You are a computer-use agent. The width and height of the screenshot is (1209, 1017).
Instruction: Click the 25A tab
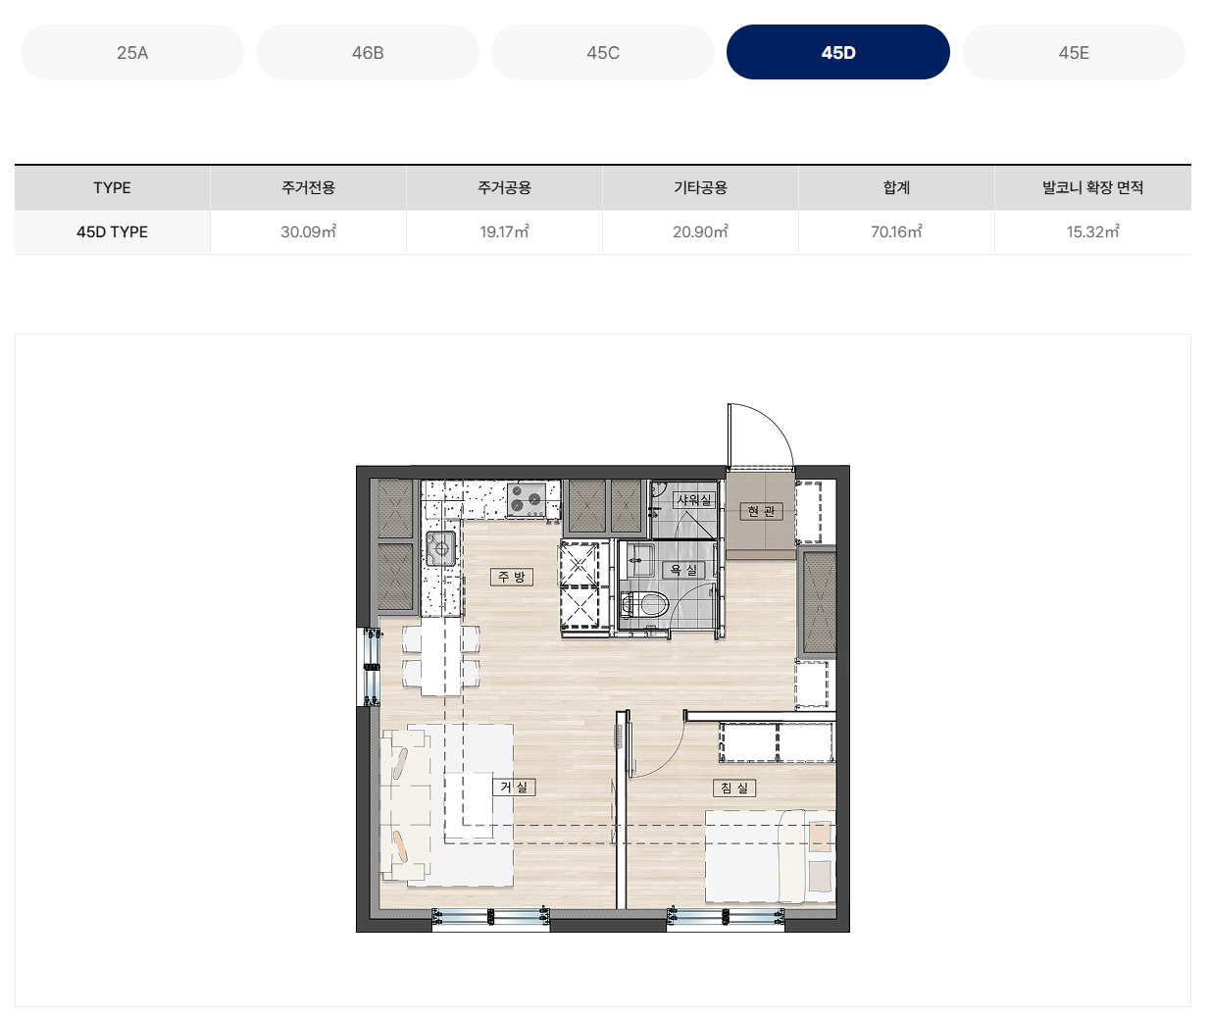tap(132, 52)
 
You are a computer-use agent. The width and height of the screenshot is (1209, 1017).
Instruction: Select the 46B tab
tap(368, 52)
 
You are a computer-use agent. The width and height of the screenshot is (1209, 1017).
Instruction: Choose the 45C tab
tap(603, 52)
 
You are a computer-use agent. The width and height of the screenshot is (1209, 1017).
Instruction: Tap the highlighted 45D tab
tap(837, 52)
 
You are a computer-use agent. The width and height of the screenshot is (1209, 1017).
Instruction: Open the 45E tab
tap(1074, 52)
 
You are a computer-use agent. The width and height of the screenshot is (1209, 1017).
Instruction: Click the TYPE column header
tap(113, 187)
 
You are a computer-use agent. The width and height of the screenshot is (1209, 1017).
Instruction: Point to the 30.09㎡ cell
tap(308, 231)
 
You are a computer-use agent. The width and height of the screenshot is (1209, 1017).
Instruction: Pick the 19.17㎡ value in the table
tap(504, 231)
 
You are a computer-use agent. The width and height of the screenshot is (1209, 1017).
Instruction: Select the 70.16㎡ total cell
tap(896, 231)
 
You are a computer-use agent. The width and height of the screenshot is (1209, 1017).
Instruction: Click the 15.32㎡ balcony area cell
tap(1092, 231)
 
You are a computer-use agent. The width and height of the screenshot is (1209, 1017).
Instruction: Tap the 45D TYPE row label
tap(113, 231)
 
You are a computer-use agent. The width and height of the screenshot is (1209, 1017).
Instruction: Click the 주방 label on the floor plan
tap(511, 577)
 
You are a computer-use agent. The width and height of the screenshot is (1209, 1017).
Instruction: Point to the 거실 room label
tap(514, 787)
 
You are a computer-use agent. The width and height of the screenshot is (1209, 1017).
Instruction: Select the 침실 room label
tap(734, 788)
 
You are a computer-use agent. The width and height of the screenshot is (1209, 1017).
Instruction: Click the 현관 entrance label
tap(762, 511)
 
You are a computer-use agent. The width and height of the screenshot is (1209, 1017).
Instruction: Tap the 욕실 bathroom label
tap(683, 570)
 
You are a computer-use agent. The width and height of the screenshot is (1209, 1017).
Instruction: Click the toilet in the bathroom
tap(644, 606)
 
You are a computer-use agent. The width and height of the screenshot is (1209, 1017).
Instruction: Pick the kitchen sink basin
tap(440, 548)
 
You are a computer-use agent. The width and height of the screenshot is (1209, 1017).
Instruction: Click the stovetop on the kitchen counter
tap(527, 499)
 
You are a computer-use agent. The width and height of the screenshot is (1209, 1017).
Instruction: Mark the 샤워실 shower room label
tap(694, 499)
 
